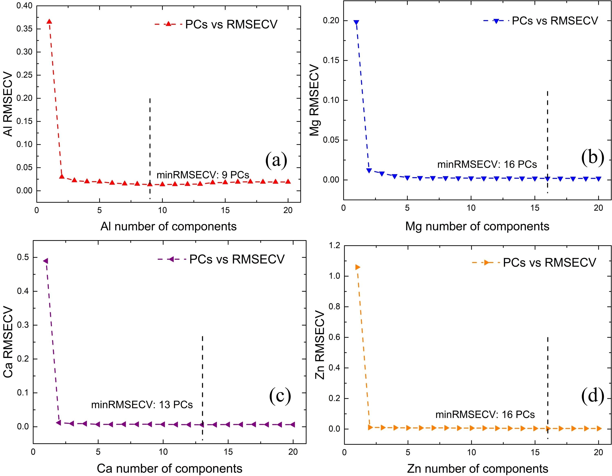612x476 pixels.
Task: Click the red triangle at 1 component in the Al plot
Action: click(x=49, y=22)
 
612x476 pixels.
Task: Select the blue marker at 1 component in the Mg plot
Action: click(x=356, y=22)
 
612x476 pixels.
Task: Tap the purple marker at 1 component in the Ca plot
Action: click(x=45, y=261)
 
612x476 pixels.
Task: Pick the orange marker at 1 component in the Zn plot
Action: click(x=358, y=267)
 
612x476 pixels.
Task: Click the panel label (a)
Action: click(x=276, y=160)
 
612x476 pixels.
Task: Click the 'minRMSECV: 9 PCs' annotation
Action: click(x=203, y=175)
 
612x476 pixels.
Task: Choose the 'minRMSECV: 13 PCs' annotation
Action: click(x=142, y=405)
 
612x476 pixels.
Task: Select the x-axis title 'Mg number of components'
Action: click(x=477, y=226)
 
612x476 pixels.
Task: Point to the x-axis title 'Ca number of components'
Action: click(x=169, y=468)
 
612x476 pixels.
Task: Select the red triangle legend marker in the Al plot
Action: click(x=169, y=24)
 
